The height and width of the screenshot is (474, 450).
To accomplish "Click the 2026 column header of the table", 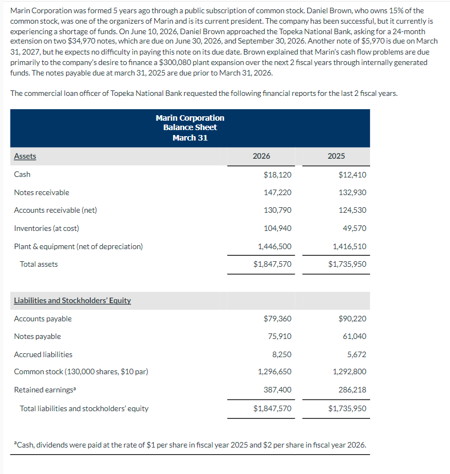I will coord(261,156).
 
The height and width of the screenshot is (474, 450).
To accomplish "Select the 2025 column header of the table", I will coord(336,156).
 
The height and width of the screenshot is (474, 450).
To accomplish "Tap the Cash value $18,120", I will coord(278,175).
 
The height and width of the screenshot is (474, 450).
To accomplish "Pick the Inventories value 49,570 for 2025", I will coord(355,228).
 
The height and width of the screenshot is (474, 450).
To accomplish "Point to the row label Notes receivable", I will coord(41,192).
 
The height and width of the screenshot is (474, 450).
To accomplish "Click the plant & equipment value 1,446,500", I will coord(275,246).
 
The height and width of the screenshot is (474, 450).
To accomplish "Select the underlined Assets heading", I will coord(25,156).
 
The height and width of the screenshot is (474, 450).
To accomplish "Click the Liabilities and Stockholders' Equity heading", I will coord(72,300).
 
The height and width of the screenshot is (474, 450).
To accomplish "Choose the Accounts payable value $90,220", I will coord(353,319).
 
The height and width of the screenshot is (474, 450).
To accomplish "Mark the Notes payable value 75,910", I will coord(280,336).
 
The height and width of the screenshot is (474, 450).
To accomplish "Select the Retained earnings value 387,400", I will coord(278,390).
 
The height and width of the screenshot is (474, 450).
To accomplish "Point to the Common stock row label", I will coord(81,371).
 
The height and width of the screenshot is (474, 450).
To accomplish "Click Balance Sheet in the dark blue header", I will coord(190,127).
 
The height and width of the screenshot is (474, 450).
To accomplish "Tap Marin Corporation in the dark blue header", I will coord(190,118).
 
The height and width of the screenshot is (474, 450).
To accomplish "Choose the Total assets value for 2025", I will coord(347,264).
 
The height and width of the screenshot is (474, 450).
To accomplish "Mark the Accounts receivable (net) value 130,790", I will coord(278,210).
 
